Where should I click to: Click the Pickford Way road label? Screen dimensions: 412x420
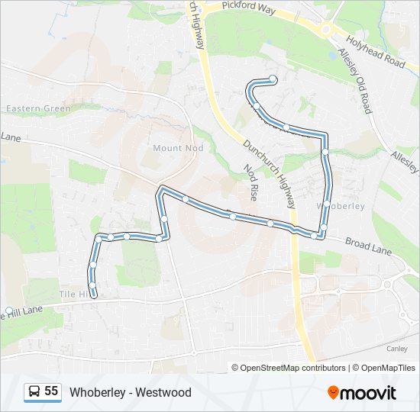[x=248, y=5]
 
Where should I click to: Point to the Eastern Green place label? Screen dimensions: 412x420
[x=38, y=108]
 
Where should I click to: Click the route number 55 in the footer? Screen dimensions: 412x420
[x=51, y=391]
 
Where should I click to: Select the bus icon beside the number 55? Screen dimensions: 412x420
[x=34, y=392]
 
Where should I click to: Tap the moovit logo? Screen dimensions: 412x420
[x=362, y=392]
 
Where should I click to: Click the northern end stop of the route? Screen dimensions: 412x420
[x=273, y=79]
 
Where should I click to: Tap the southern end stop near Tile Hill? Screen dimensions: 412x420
[x=93, y=295]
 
